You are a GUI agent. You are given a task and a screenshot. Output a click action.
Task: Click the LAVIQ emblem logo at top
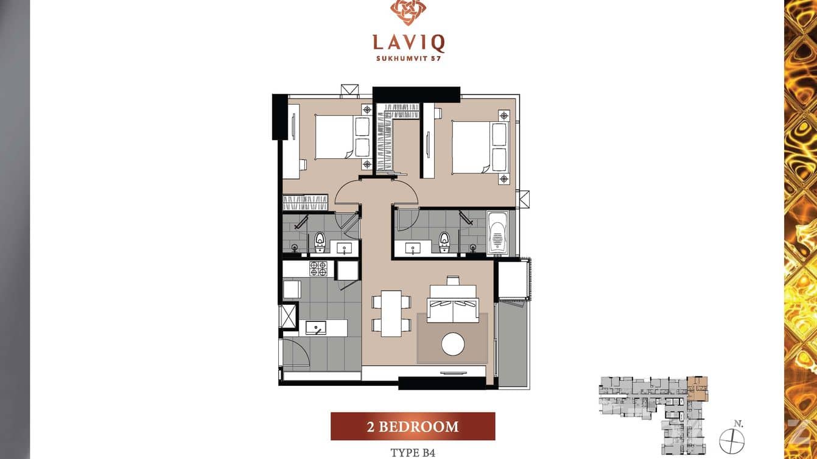408,12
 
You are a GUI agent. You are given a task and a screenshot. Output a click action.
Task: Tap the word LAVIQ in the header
408,43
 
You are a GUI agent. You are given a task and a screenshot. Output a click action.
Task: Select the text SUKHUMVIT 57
408,58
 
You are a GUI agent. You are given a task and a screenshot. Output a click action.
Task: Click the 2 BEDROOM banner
412,426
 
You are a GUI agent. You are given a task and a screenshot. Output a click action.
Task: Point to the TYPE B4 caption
413,452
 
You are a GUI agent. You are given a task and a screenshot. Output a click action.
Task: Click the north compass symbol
732,440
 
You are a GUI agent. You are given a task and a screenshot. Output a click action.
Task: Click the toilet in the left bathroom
320,243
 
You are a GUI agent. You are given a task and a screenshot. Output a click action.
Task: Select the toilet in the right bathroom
444,242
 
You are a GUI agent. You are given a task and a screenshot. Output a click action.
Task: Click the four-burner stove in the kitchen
318,268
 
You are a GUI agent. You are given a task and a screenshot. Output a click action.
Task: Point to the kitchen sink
316,328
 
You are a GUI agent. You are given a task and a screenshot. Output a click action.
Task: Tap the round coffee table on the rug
452,344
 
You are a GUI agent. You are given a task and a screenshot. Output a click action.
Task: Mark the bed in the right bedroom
472,146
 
